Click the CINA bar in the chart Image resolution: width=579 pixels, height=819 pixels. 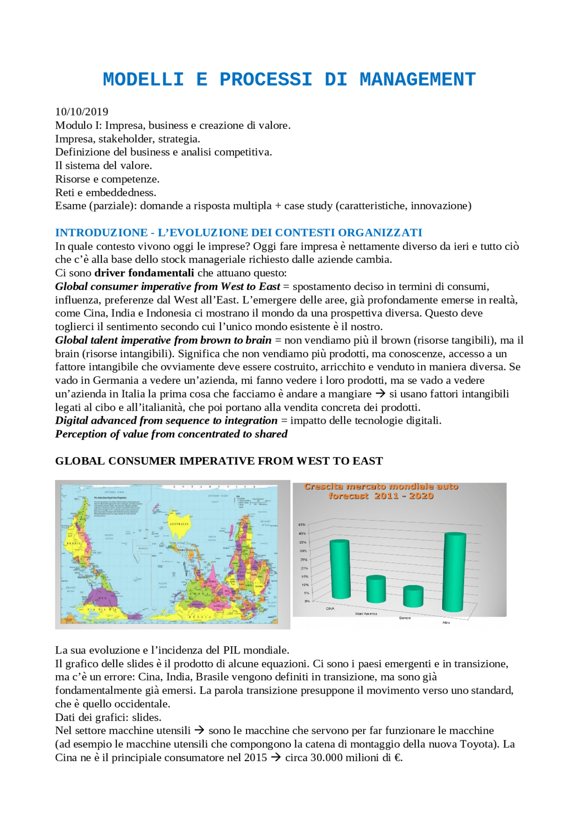coord(340,569)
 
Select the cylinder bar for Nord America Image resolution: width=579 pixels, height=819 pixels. coord(376,589)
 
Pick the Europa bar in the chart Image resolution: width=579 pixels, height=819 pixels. coord(413,596)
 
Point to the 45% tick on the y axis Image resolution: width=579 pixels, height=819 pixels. coord(302,525)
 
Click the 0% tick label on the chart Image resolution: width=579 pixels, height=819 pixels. coord(307,601)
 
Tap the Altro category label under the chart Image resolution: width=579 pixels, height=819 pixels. coord(446,623)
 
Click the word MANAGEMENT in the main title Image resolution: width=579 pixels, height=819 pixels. coord(417,80)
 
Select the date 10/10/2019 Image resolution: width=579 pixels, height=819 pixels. coord(81,112)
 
